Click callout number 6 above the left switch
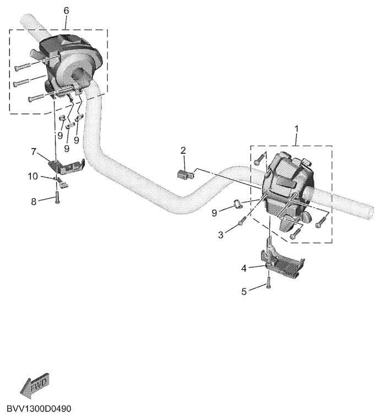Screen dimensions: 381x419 point(66,10)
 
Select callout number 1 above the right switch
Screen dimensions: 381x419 point(296,129)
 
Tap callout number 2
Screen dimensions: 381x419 point(183,151)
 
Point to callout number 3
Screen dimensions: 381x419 point(221,235)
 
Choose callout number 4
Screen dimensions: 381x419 point(244,268)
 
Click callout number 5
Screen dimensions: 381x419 point(244,291)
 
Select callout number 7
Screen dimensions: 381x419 point(34,152)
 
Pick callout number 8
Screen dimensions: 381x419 point(34,201)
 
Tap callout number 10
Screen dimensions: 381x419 point(33,177)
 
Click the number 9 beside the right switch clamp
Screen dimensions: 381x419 point(214,213)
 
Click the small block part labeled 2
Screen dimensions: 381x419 point(185,174)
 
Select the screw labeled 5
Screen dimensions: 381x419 point(269,283)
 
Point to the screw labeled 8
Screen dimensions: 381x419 point(57,197)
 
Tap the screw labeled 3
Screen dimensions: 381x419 point(242,220)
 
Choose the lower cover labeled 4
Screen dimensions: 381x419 point(282,263)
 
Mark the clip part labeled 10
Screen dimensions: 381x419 point(62,181)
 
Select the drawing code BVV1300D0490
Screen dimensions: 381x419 point(39,409)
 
